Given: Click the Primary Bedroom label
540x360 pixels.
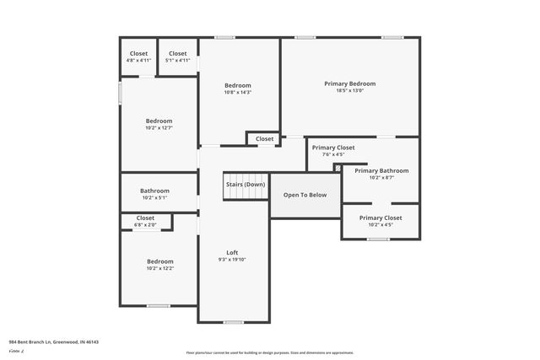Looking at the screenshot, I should [349, 83].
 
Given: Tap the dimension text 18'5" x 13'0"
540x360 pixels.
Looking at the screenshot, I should [349, 91].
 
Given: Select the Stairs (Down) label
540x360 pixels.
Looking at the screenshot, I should [246, 184].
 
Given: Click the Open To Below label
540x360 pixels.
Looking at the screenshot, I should [305, 195].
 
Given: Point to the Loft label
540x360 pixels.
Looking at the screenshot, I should [232, 252].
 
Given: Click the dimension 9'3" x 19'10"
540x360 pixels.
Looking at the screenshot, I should [232, 260].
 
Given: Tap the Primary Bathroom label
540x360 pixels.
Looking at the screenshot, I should [381, 170].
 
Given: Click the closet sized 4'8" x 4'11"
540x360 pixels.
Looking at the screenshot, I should [138, 56].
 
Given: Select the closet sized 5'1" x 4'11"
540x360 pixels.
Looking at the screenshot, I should [177, 56].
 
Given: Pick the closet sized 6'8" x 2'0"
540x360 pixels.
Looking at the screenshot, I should [145, 221].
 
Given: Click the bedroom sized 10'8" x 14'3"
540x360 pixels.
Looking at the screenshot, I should [238, 89].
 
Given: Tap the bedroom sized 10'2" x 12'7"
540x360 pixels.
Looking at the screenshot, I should [159, 124].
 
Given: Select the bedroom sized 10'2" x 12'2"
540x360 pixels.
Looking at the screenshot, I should [160, 265].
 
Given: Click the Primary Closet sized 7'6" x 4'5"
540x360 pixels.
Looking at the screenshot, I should [333, 151].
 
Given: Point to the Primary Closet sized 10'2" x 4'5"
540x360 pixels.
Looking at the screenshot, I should [381, 221].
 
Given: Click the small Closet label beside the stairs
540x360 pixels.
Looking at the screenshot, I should [265, 139].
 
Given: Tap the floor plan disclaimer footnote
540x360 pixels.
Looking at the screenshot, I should [270, 352].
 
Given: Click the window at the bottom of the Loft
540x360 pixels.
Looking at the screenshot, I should [232, 322].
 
